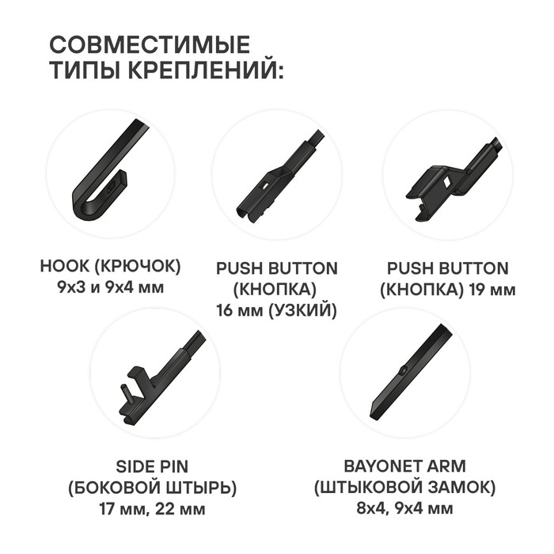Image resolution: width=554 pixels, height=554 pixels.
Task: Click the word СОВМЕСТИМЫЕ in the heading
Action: tap(150, 44)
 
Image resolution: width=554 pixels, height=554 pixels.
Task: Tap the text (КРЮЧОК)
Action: tap(138, 267)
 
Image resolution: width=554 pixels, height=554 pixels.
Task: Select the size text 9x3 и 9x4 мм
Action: tap(111, 288)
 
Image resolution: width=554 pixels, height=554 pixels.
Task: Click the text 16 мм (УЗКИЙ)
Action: tap(277, 310)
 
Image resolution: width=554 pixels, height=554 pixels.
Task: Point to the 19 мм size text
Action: tap(492, 290)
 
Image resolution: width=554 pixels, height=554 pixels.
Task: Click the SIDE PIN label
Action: tap(152, 467)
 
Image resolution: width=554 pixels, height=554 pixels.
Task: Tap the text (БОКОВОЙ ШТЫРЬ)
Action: tap(152, 488)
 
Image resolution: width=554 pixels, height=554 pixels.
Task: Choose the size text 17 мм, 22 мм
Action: tap(152, 510)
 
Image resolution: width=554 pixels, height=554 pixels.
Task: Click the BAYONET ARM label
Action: tap(405, 466)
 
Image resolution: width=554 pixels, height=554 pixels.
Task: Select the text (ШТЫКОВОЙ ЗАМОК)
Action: tap(405, 488)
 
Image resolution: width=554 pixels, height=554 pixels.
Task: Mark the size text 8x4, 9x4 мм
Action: tap(405, 509)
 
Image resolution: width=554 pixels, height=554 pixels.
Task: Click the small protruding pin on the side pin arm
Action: tap(127, 394)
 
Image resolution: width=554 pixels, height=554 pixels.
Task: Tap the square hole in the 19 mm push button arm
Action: tap(446, 182)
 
